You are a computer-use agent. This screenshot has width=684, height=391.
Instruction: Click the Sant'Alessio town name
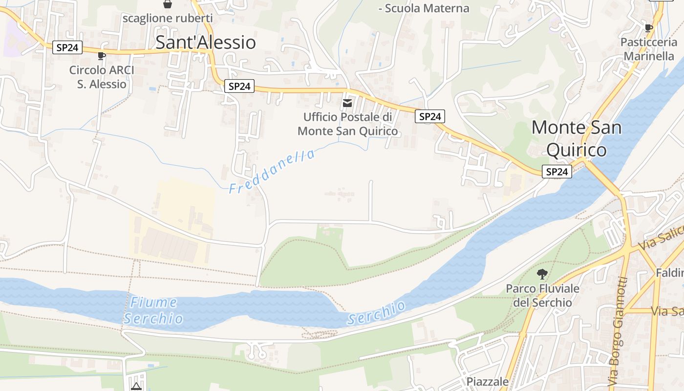(206, 43)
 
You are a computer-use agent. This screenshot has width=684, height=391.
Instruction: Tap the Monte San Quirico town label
(577, 138)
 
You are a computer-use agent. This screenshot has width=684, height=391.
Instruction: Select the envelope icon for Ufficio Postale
(347, 103)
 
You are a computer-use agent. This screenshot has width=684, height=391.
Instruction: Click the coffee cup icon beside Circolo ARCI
(102, 56)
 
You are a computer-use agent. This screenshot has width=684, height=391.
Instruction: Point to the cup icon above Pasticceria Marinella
(649, 28)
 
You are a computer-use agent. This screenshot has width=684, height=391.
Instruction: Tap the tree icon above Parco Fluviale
(542, 274)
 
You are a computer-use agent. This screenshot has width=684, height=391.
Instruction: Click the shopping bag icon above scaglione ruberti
(168, 4)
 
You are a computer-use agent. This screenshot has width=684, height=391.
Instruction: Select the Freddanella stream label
(272, 172)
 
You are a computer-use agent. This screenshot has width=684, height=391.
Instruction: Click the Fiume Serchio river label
(153, 311)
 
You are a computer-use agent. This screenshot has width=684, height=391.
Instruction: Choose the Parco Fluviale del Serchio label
(542, 296)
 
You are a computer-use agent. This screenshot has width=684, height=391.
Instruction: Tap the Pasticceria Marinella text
(649, 49)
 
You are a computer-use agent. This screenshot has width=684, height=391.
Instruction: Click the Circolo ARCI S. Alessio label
(102, 77)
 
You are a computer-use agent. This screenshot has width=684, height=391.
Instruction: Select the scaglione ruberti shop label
(168, 19)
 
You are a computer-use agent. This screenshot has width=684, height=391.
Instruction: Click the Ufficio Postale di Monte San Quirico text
(347, 124)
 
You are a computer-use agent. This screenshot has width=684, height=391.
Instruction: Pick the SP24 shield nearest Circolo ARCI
(67, 47)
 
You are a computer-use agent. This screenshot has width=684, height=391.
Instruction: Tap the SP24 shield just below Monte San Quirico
(556, 172)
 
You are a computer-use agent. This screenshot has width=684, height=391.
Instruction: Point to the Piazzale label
(487, 381)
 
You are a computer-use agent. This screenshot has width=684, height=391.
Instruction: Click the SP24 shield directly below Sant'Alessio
(239, 87)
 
